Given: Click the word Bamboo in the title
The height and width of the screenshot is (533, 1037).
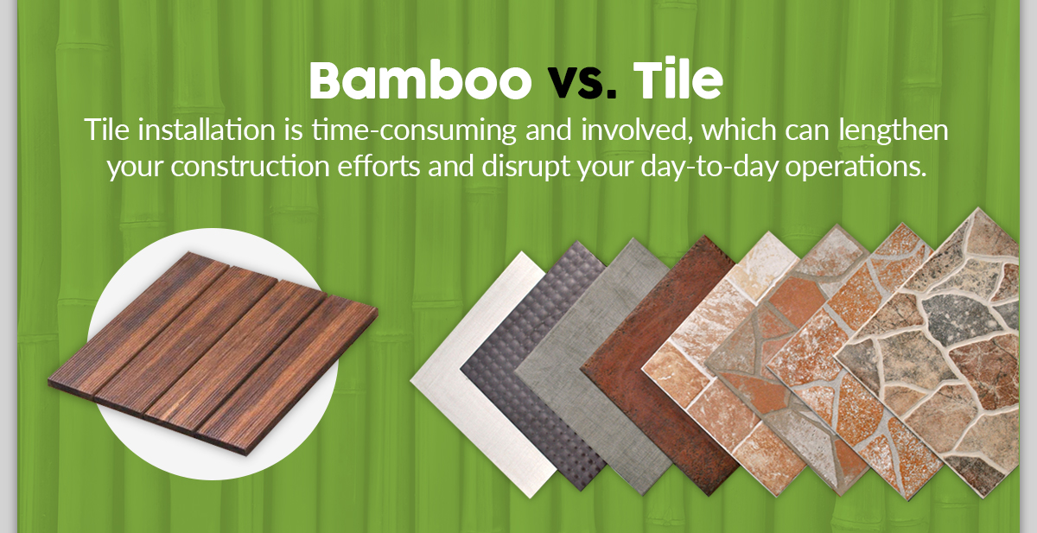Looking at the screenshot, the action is point(420,80).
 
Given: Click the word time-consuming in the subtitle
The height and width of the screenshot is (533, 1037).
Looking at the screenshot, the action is point(414,130).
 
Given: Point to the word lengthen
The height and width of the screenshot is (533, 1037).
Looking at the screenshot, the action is point(894,131).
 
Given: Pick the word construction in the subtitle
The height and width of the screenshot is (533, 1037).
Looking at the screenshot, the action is point(250,167).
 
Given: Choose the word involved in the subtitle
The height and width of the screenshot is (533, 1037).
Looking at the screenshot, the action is point(637,131).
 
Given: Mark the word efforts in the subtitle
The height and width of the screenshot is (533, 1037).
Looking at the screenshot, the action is point(379,167).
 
